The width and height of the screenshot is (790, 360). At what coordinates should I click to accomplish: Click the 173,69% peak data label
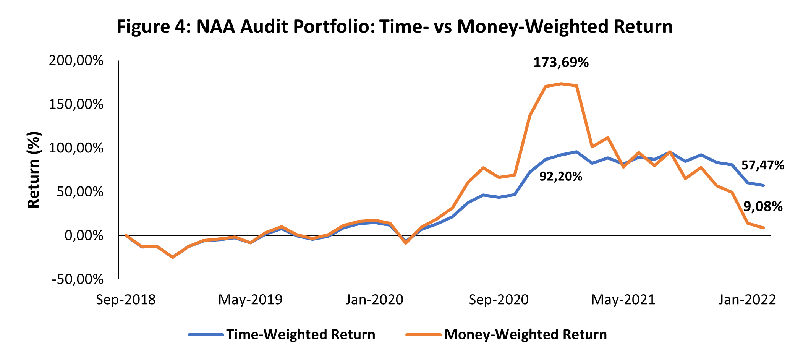pyautogui.click(x=561, y=63)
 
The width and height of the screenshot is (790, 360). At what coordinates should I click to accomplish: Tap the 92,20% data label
pyautogui.click(x=561, y=177)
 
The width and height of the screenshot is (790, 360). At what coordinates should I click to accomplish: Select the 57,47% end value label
pyautogui.click(x=762, y=165)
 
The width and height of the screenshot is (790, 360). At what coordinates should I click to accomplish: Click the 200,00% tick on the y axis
pyautogui.click(x=76, y=61)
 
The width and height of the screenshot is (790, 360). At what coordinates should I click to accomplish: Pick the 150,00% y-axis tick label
pyautogui.click(x=76, y=104)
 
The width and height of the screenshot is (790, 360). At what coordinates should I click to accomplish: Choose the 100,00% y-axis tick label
pyautogui.click(x=76, y=148)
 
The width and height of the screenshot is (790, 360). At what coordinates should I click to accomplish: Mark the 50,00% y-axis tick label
pyautogui.click(x=79, y=192)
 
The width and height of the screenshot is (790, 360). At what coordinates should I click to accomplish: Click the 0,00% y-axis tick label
pyautogui.click(x=84, y=235)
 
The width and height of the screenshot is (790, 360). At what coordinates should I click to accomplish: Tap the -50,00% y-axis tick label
pyautogui.click(x=78, y=279)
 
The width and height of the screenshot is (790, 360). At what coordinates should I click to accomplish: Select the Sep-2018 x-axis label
pyautogui.click(x=126, y=300)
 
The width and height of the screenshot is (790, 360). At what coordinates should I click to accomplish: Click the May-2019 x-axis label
pyautogui.click(x=250, y=300)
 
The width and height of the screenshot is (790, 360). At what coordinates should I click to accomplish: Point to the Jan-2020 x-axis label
pyautogui.click(x=374, y=300)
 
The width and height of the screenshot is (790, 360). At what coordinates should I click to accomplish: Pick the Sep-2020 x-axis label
pyautogui.click(x=499, y=300)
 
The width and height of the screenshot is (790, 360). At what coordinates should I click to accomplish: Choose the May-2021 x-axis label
pyautogui.click(x=623, y=300)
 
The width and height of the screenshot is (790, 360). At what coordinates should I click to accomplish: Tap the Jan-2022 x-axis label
pyautogui.click(x=747, y=300)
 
